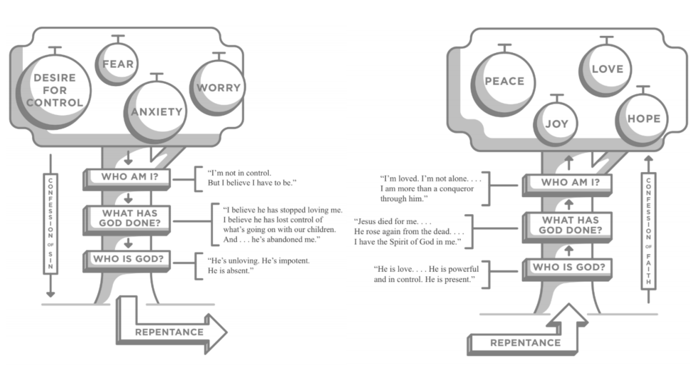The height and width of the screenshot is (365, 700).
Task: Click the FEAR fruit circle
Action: (117, 64)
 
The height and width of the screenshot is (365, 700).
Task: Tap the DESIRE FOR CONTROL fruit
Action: (54, 90)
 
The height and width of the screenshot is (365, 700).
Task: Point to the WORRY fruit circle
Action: (218, 87)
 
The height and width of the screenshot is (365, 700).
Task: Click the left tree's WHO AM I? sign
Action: (129, 177)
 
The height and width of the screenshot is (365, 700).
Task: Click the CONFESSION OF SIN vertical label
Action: (51, 224)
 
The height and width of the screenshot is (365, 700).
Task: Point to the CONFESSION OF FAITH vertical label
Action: (648, 231)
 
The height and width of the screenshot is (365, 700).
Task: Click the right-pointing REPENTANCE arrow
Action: (169, 332)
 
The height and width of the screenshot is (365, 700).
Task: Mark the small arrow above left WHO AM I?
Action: (128, 158)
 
